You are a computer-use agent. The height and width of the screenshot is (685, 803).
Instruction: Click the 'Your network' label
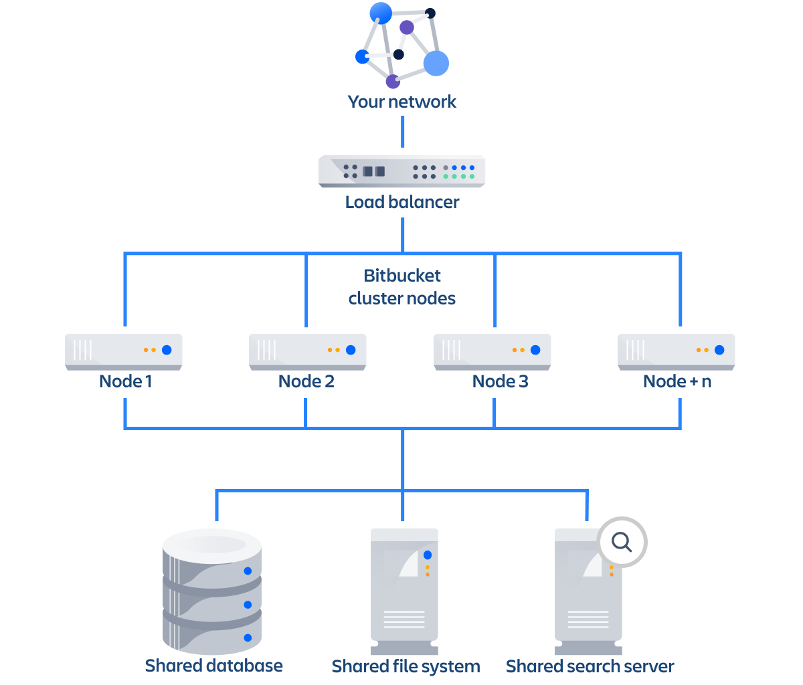(x=401, y=102)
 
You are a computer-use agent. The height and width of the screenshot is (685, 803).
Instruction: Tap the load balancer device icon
(x=401, y=171)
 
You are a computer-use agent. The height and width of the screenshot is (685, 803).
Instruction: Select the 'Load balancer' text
(x=401, y=202)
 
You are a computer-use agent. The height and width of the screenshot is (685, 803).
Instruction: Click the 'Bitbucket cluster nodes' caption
(x=401, y=287)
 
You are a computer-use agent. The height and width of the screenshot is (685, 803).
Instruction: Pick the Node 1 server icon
(x=124, y=351)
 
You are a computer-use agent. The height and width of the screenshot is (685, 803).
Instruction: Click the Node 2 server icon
(x=307, y=351)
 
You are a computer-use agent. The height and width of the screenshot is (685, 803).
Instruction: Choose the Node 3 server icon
(x=492, y=351)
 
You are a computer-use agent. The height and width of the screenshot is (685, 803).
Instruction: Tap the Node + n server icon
(x=676, y=351)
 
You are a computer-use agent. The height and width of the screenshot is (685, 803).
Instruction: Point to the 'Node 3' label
(x=500, y=381)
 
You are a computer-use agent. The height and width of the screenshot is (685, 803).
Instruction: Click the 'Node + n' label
(x=677, y=381)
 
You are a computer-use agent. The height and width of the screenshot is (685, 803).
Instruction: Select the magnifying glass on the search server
(x=622, y=541)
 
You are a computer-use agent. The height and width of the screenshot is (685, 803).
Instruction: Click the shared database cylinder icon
(x=211, y=592)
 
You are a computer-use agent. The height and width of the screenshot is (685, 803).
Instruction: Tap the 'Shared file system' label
(x=406, y=666)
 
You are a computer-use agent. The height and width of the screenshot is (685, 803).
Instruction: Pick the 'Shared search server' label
(x=590, y=666)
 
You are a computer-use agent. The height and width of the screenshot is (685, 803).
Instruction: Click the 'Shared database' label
(x=213, y=666)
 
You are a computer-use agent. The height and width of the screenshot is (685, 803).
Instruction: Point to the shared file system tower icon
(x=404, y=589)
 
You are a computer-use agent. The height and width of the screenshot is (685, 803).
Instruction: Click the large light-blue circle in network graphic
(x=436, y=64)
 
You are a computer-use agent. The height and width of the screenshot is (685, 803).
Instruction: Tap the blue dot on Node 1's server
(x=167, y=350)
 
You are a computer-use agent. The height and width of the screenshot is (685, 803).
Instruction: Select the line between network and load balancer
(x=402, y=131)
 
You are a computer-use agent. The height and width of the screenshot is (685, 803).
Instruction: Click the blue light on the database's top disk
(x=248, y=571)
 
